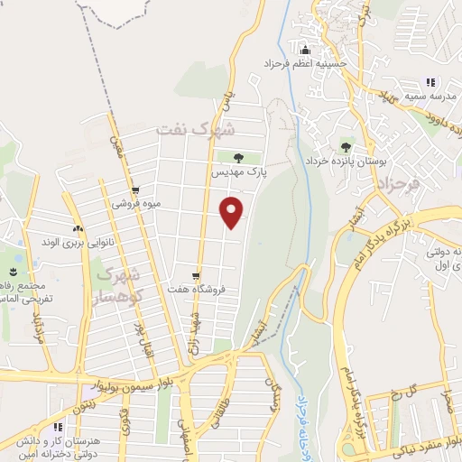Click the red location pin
tap(233, 211)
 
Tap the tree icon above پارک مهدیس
tap(240, 158)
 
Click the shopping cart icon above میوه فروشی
tap(135, 190)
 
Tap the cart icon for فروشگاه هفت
tap(196, 276)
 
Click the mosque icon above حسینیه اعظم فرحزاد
tap(304, 51)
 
